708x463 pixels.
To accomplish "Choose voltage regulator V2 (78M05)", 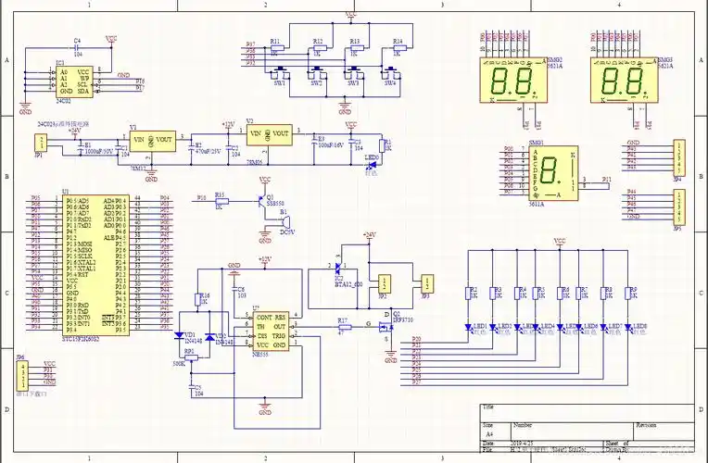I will tap(269, 135).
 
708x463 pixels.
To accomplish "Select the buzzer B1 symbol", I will tap(286, 221).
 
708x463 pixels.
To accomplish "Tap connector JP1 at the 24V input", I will tap(39, 141).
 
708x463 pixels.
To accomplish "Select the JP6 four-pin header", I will tap(21, 372).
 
